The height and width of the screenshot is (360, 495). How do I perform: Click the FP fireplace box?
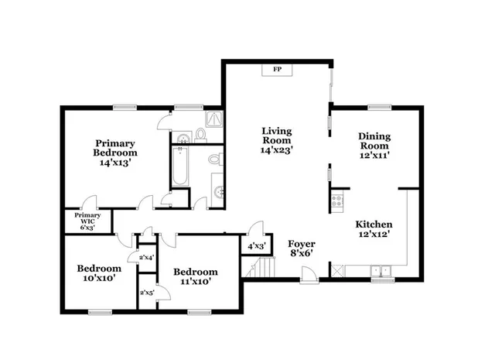point(276,70)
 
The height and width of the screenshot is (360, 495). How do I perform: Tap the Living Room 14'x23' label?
point(276,141)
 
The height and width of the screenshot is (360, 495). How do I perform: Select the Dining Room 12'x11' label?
point(374,146)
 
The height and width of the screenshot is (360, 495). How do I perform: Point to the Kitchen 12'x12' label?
point(374,229)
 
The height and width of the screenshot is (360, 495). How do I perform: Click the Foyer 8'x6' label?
point(302,248)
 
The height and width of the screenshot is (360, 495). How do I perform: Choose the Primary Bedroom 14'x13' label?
point(115,153)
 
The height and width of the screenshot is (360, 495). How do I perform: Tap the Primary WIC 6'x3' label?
point(87,221)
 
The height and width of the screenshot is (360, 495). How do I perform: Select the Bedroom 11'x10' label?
point(195,276)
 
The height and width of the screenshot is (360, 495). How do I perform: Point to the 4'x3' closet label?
point(256,246)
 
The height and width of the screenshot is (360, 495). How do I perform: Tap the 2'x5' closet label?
point(145,293)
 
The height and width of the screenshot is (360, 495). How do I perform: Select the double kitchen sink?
point(381,271)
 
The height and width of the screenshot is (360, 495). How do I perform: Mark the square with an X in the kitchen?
point(336,270)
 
